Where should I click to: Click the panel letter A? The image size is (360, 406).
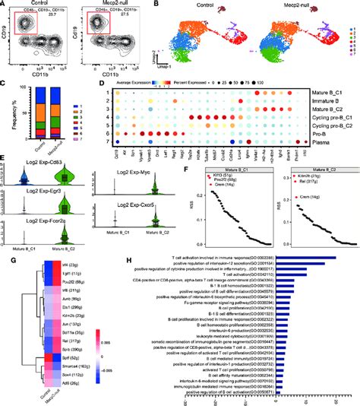click(5, 5)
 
